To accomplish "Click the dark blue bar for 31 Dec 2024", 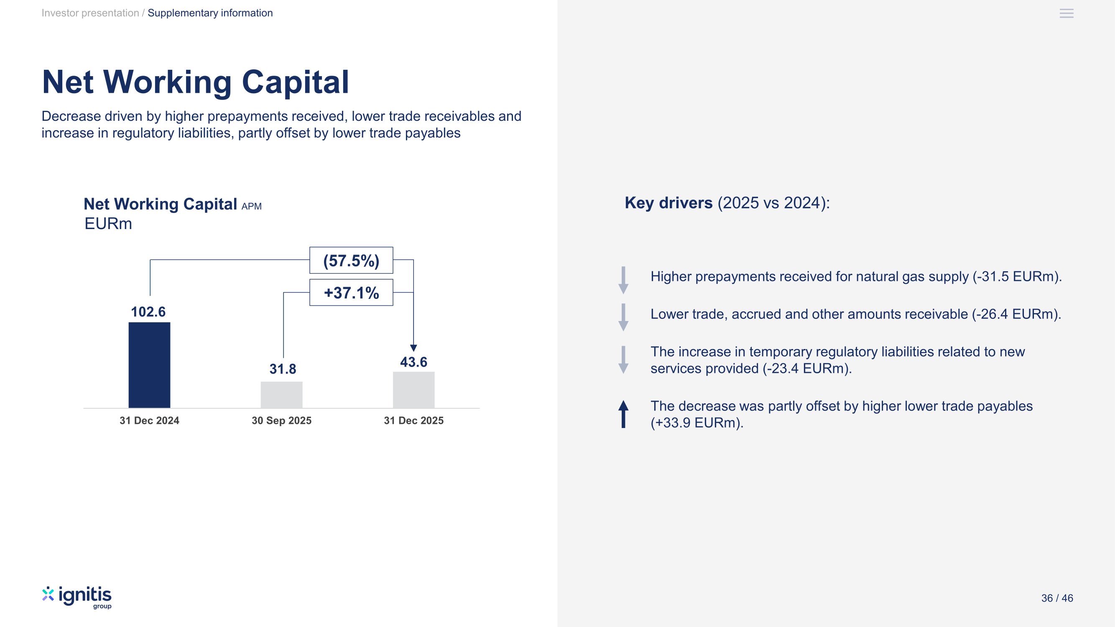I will click(149, 365).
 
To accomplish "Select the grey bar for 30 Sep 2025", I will click(281, 395).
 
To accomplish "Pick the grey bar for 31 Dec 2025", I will click(413, 390).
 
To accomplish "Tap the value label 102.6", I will click(148, 312).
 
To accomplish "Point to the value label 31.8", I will click(283, 369).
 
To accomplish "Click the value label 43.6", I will click(413, 362).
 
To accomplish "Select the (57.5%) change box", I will click(351, 260).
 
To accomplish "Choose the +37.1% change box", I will click(351, 293).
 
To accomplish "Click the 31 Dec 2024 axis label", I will click(149, 421).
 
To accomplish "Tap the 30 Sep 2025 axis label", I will click(281, 421).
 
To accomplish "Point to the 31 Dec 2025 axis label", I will click(413, 421).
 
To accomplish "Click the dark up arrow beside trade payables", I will click(623, 414).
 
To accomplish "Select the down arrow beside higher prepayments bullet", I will click(623, 280).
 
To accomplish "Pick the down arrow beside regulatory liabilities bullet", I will click(623, 359).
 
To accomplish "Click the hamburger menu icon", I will click(1067, 13).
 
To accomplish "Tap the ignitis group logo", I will click(77, 598).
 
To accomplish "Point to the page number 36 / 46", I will click(1057, 598).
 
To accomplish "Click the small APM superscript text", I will click(252, 206).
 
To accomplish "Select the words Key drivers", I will click(668, 203).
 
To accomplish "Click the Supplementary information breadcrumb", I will click(210, 13).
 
